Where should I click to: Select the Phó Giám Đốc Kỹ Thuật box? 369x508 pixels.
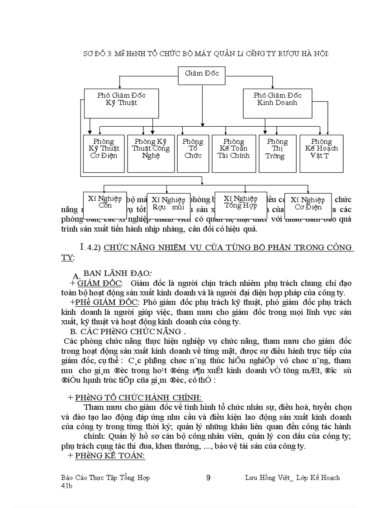(121, 100)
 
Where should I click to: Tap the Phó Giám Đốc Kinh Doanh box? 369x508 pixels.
(277, 100)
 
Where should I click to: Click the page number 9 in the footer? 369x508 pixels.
(208, 478)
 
